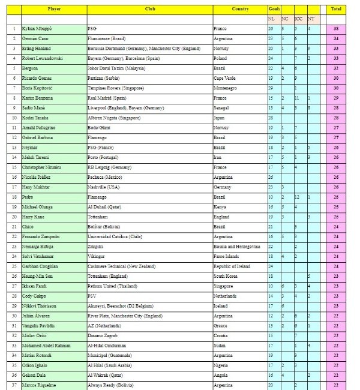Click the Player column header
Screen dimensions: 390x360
point(54,9)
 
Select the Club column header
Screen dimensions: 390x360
point(149,9)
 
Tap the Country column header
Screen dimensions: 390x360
point(240,9)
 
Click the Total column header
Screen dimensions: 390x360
point(336,9)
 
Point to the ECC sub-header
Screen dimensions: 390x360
point(298,19)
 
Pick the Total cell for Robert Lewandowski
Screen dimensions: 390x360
point(336,58)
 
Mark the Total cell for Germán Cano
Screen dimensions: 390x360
point(336,38)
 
